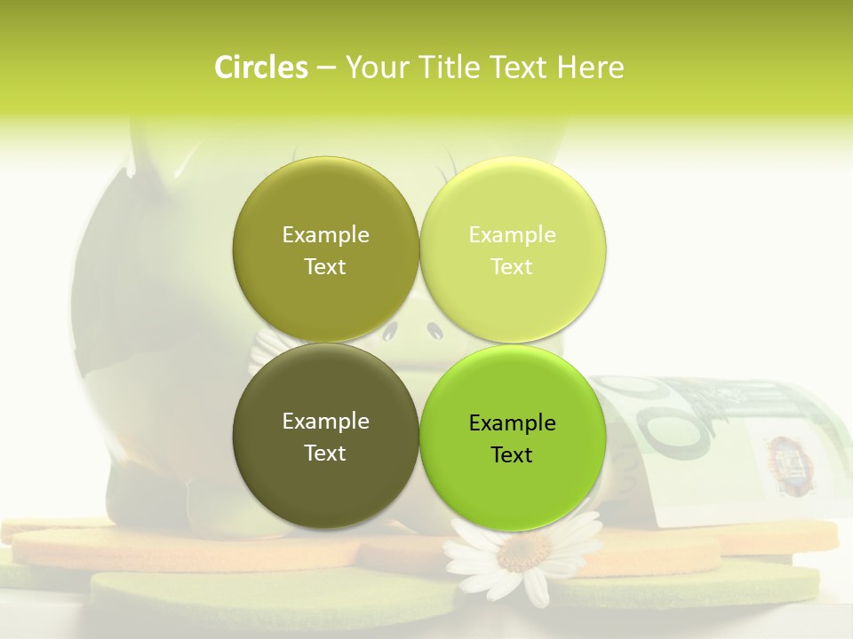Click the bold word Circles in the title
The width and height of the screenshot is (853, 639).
point(261,67)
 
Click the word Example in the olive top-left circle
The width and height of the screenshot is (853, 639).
point(325,235)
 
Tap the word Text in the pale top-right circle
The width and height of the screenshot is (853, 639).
point(512,267)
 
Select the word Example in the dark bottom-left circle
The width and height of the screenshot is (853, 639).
point(325,422)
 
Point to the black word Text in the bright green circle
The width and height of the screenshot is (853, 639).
point(512,455)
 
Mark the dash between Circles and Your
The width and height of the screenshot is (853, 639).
point(326,68)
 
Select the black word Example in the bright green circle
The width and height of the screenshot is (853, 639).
point(512,423)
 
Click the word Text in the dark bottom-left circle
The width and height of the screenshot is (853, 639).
point(325,454)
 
